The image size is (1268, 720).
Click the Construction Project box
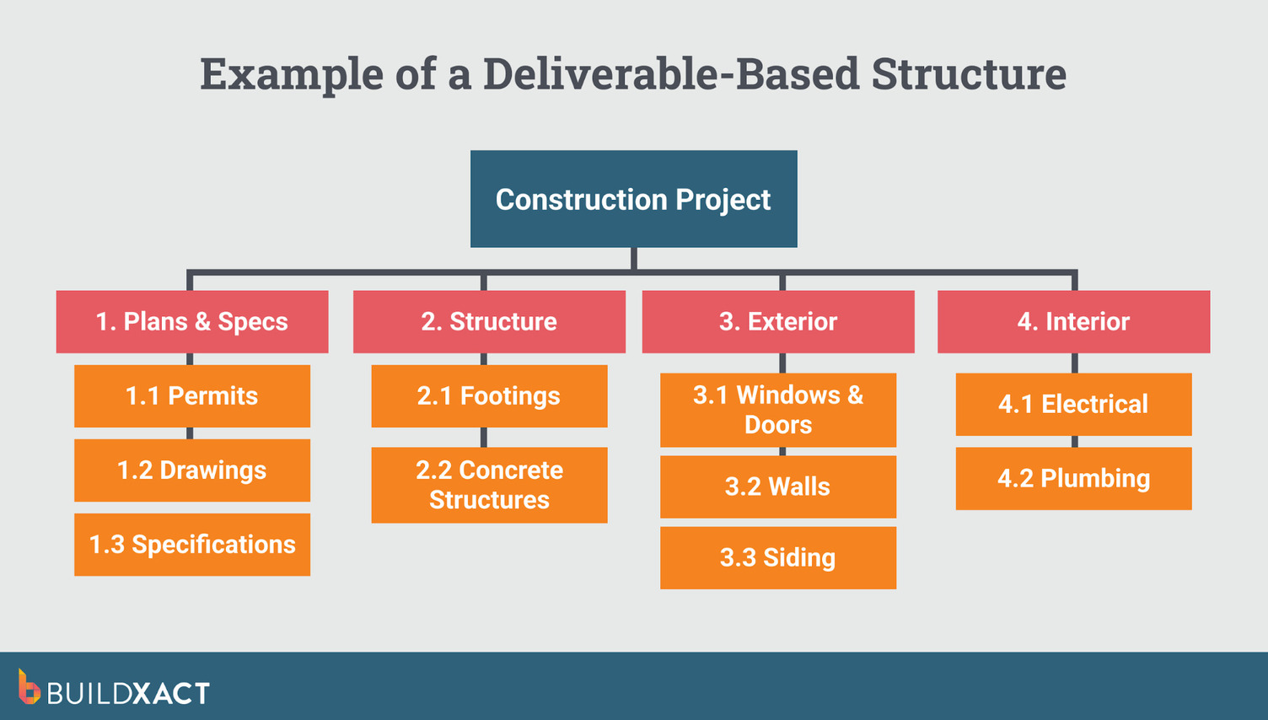coord(633,199)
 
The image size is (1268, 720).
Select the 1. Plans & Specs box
coord(192,321)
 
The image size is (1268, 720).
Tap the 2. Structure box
coord(489,321)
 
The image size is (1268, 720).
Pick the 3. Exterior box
coord(778,321)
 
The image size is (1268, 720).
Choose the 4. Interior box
coord(1073,321)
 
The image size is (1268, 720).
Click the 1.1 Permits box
coord(192,395)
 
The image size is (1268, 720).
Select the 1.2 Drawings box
coord(192,470)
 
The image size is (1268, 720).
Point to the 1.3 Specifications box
coord(192,545)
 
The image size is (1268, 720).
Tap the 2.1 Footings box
coord(489,395)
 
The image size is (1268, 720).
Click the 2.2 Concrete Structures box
coord(489,485)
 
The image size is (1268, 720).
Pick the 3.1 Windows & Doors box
coord(778,410)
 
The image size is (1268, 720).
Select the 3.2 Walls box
coord(778,486)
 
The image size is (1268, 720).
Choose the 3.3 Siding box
coord(778,557)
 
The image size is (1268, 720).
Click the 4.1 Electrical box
coord(1073,404)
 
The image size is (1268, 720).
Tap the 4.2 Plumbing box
coord(1073,478)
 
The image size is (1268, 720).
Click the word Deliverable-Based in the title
coord(671,73)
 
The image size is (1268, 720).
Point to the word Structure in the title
coord(969,73)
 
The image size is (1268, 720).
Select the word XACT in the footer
coord(171,693)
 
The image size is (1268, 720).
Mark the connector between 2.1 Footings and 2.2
coord(483,437)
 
